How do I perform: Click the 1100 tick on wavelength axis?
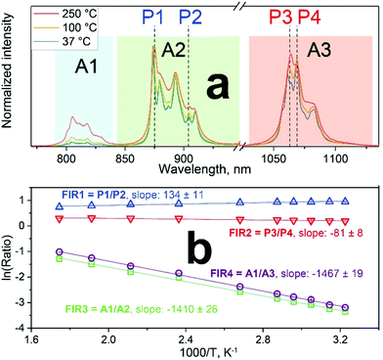coord(335,157)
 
